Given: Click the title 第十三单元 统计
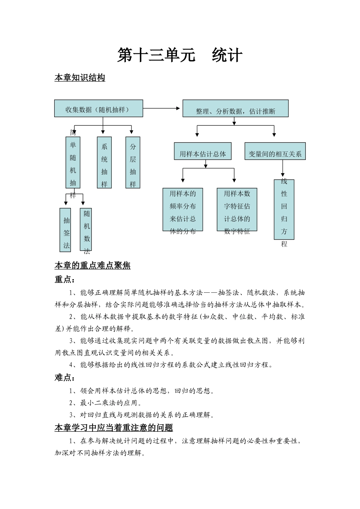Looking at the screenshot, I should [180, 55].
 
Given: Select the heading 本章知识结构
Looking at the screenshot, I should [80, 78].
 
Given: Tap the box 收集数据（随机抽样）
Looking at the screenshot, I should [99, 109].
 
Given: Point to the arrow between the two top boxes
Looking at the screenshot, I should [162, 108].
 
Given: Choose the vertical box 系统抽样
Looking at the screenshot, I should [104, 162].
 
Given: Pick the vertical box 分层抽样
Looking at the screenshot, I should [133, 162].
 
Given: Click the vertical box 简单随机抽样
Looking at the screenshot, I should [73, 162].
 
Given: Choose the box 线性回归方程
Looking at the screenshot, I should [284, 209].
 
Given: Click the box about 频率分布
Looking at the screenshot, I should [183, 209].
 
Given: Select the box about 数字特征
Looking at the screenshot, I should [237, 209].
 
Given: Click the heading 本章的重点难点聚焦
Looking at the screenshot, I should [92, 265].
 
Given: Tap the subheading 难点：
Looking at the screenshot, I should [65, 378].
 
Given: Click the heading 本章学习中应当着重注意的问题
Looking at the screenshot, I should [114, 428].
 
